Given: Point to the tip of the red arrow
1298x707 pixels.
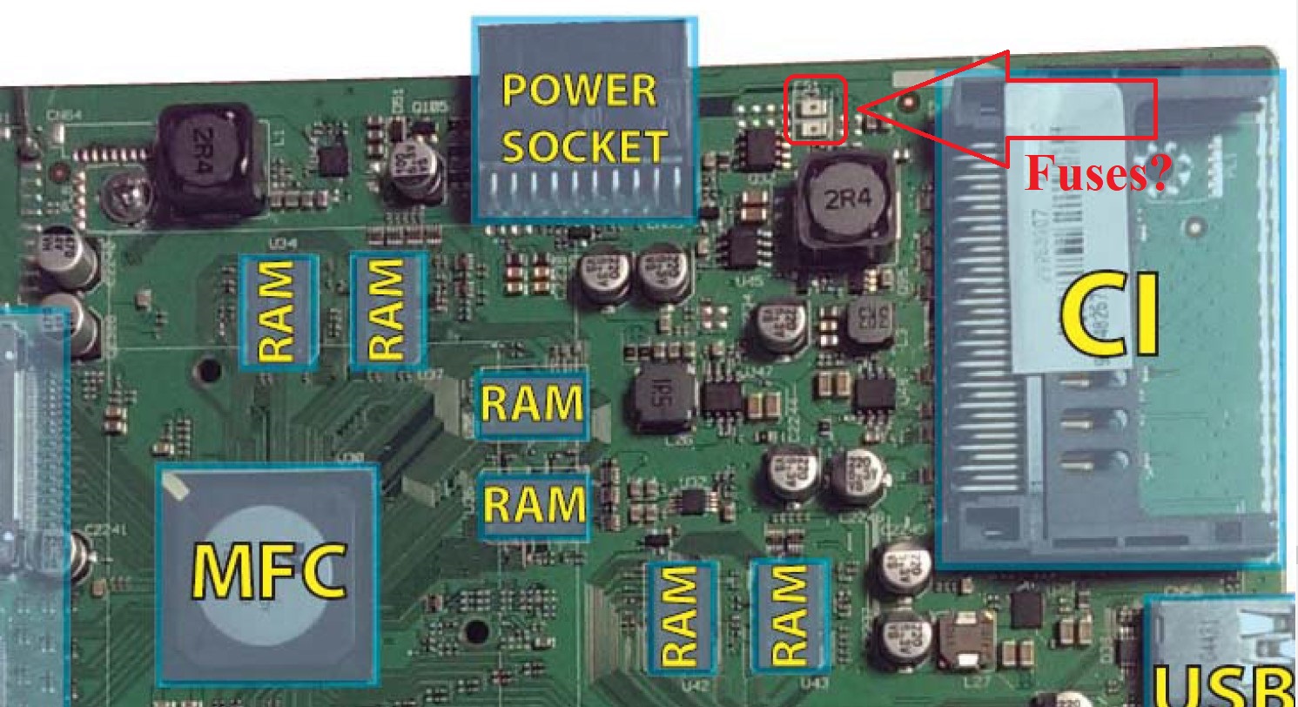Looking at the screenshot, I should point(861,109).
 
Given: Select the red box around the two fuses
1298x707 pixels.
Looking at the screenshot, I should point(815,110).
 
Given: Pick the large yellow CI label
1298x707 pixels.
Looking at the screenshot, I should point(1111,317).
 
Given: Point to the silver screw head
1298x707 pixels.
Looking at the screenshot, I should point(123,199).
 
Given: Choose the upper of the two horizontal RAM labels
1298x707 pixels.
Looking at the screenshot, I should point(532,403).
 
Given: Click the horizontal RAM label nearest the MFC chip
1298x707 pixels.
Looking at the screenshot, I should point(534,503).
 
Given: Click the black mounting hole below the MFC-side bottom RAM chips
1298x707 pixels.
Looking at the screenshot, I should point(476,630).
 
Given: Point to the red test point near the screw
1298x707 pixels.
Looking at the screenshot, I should point(60,171).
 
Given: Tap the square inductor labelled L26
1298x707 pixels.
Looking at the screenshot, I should point(664,398).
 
